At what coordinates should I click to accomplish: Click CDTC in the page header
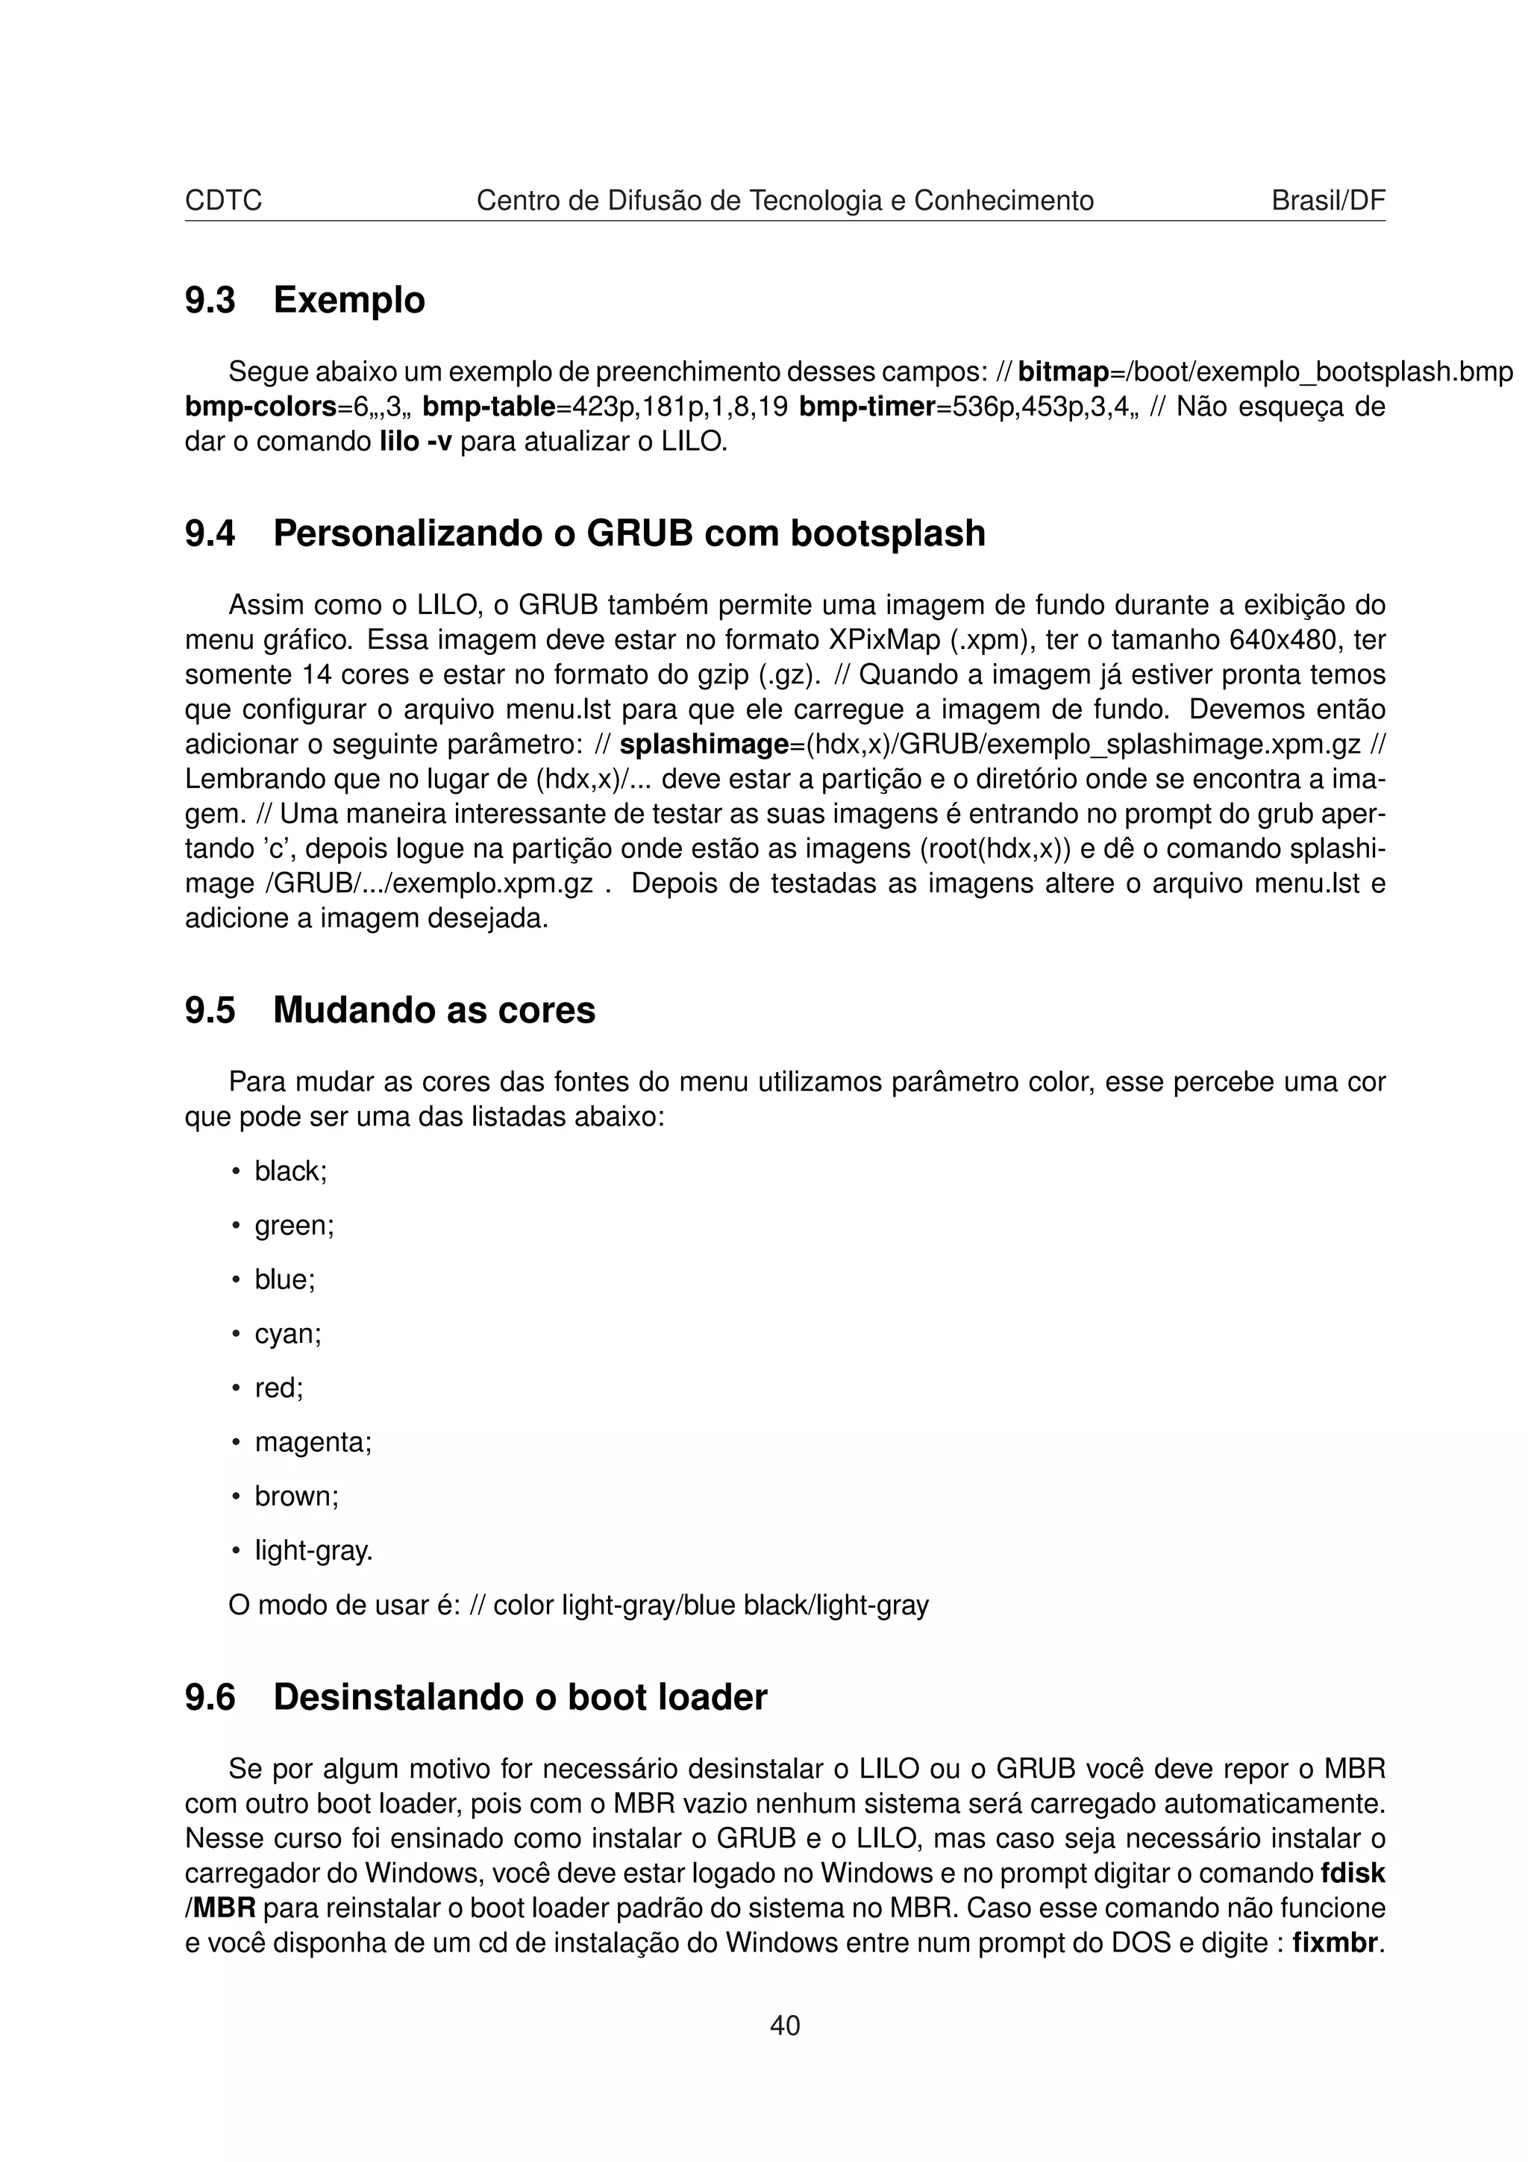coord(223,201)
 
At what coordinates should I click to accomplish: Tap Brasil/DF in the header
coord(1327,201)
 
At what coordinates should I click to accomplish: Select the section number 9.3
coord(209,301)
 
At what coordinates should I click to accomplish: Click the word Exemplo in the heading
coord(348,301)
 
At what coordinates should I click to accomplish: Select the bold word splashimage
coord(704,745)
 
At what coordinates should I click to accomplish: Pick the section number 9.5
coord(209,1010)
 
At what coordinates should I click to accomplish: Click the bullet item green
coord(294,1226)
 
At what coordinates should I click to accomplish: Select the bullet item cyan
coord(287,1335)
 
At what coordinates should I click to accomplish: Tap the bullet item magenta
coord(313,1443)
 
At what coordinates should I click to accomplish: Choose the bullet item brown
coord(295,1497)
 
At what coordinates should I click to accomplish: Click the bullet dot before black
coord(235,1172)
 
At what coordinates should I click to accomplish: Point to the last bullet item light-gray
coord(313,1551)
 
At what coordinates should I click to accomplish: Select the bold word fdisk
coord(1352,1874)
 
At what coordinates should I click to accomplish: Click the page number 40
coord(784,2025)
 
